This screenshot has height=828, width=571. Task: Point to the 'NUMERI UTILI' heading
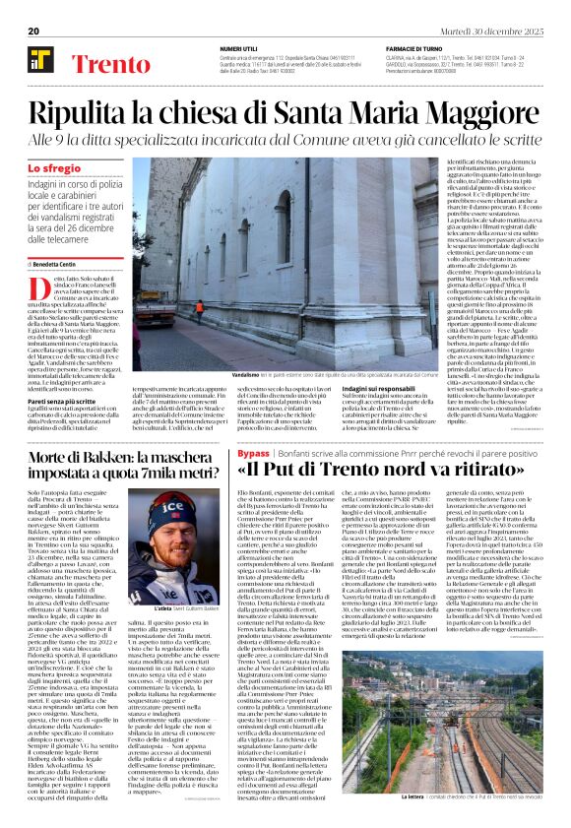[238, 48]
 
